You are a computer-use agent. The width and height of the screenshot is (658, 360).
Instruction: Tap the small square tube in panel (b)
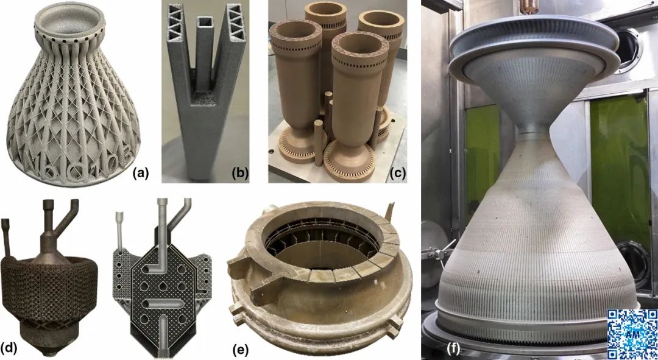pos(204,51)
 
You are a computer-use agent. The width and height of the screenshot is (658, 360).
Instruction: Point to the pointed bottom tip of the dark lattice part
pos(51,354)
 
